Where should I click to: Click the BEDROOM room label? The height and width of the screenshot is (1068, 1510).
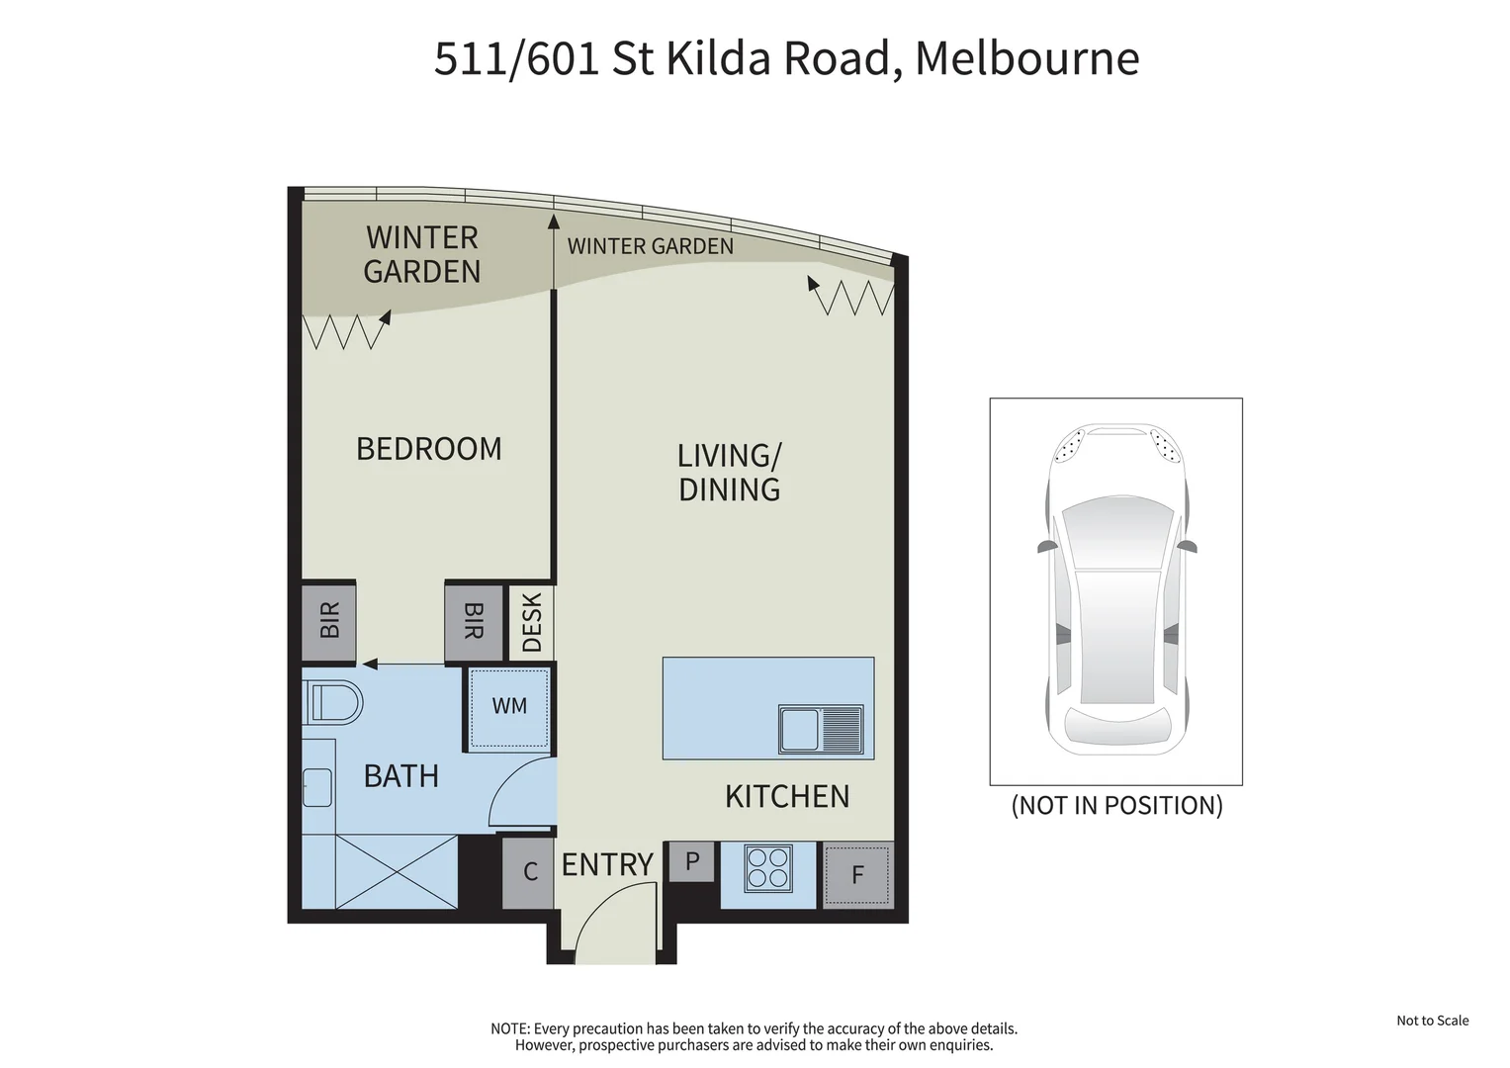428,449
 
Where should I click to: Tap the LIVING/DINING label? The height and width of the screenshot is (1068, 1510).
729,473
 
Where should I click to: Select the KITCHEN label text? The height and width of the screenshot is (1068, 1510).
786,797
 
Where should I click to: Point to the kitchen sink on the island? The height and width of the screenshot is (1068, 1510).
821,730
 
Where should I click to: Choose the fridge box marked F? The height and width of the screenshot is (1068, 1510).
857,874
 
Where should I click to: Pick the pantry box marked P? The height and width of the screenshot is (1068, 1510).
692,861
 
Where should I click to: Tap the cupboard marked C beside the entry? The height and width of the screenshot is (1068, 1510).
529,872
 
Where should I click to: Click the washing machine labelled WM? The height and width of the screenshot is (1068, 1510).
509,707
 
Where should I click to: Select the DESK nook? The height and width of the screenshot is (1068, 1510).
531,623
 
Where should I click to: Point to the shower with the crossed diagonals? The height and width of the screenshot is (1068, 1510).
396,871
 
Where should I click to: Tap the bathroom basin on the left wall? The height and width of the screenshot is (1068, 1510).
316,787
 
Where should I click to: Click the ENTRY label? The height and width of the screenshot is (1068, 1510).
607,865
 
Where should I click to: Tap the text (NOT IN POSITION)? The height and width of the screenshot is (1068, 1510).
1116,806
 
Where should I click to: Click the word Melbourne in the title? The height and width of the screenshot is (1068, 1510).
1026,57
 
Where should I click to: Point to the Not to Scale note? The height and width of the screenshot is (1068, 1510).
1432,1021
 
